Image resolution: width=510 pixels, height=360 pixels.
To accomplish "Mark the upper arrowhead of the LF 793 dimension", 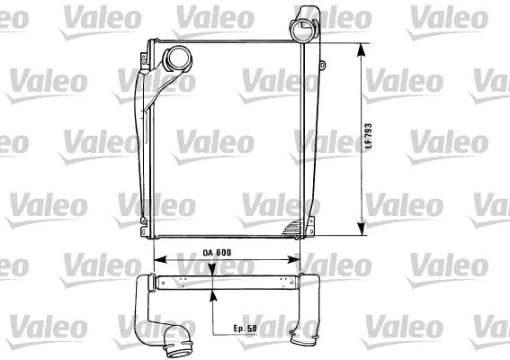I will pos(362,48).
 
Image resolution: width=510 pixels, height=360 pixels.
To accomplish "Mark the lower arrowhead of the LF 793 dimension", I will pos(362,229).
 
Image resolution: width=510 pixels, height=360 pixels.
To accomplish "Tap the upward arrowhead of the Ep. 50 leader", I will pos(211,291).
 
